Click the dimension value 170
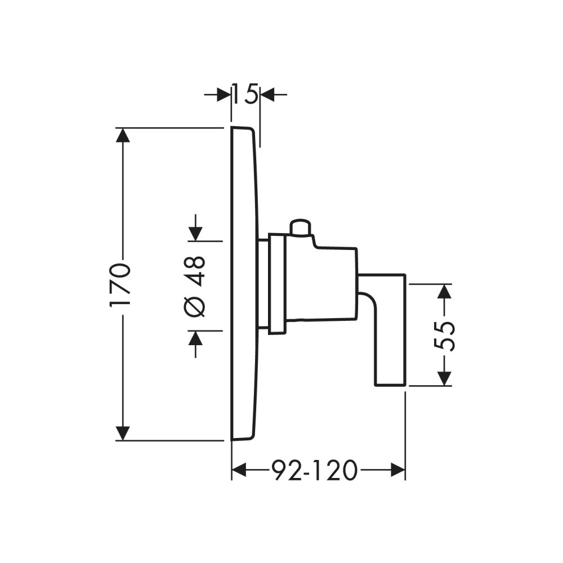click(120, 284)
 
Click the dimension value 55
click(445, 336)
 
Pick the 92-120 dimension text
click(315, 471)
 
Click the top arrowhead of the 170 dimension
click(123, 135)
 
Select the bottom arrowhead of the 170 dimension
click(123, 433)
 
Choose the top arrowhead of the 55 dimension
click(445, 292)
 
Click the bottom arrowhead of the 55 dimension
click(445, 378)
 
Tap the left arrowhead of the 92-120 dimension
click(240, 470)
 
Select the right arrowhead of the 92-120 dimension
click(397, 470)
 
